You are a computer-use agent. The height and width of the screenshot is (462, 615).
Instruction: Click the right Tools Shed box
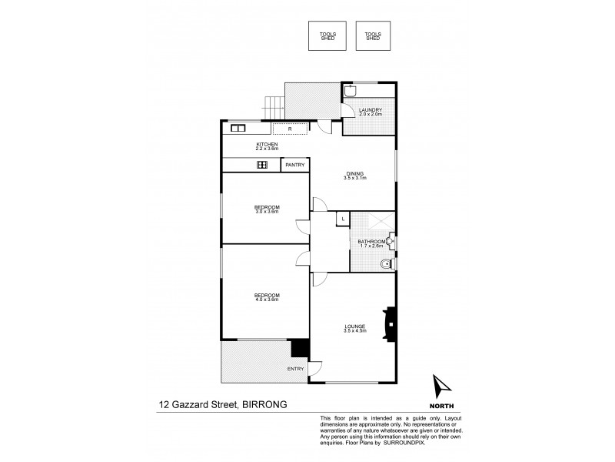373,35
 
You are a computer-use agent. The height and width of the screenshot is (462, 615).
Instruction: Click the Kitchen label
267,146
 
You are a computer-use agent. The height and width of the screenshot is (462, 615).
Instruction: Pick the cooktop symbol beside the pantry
261,165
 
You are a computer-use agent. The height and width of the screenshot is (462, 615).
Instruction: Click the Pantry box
294,165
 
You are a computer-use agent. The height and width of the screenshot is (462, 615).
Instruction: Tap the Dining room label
354,176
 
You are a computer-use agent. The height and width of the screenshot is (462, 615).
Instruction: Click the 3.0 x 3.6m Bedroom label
267,208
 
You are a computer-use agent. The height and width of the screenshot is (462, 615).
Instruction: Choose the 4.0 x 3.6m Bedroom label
267,297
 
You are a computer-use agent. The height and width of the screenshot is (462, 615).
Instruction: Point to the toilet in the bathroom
386,265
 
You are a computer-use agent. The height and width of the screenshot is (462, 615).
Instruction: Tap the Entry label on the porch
296,369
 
